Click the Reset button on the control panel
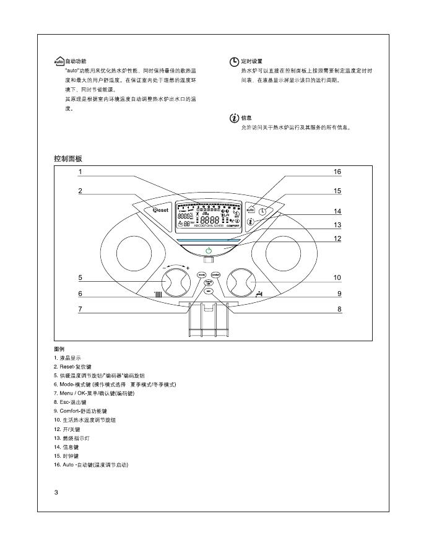(x=157, y=210)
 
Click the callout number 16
(x=337, y=172)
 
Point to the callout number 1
(x=80, y=172)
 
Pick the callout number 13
(x=337, y=225)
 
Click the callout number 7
(x=80, y=309)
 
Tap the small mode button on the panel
(x=202, y=274)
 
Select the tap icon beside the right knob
(x=259, y=292)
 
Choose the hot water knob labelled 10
(x=242, y=282)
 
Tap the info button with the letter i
(x=251, y=221)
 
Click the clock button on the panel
(x=263, y=211)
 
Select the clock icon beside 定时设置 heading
(x=233, y=62)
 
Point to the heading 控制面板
(x=68, y=159)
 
